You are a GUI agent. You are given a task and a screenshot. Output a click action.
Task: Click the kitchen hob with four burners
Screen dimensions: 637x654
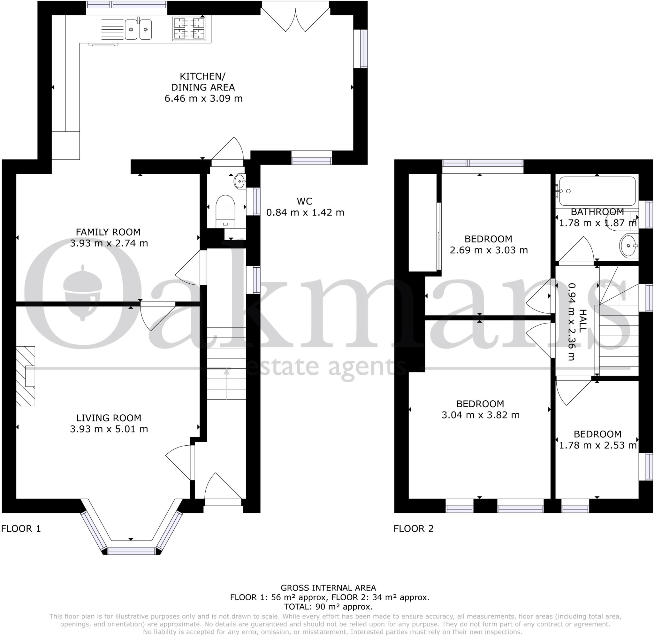click(x=189, y=28)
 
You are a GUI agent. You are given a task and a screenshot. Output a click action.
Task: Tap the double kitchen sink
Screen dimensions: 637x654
click(x=138, y=29)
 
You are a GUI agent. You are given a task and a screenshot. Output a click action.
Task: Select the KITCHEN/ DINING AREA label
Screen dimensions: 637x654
click(x=203, y=82)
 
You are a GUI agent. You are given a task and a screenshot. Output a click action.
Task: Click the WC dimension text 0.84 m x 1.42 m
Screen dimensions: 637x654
click(x=305, y=212)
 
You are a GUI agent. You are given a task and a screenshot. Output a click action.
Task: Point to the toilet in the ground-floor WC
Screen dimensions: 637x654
click(x=225, y=211)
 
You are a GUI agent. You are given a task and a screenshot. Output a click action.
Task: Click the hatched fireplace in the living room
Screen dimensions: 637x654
click(x=26, y=376)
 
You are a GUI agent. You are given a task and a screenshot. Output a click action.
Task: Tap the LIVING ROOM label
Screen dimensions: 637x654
click(x=109, y=418)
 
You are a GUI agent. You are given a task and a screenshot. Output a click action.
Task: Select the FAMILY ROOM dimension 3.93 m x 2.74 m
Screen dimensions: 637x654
click(x=109, y=243)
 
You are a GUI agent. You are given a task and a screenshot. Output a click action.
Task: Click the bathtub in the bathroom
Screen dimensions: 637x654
click(x=597, y=191)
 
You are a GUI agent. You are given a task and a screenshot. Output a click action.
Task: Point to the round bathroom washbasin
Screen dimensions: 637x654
click(x=629, y=246)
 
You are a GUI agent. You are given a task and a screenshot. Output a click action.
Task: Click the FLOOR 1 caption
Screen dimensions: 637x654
click(x=21, y=529)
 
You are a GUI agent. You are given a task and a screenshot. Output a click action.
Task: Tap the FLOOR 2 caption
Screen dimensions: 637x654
click(x=413, y=529)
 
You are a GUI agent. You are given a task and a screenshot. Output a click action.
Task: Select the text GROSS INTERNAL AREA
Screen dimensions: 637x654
click(x=328, y=588)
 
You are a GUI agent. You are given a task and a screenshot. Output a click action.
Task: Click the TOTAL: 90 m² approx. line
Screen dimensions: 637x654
click(x=328, y=607)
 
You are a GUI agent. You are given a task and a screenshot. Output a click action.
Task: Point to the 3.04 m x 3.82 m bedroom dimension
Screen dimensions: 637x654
click(x=481, y=415)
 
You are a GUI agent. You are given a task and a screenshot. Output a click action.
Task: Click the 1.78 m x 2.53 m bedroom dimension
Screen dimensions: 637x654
click(x=597, y=445)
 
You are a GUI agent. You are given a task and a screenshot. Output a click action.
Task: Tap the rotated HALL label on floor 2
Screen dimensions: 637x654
click(x=582, y=321)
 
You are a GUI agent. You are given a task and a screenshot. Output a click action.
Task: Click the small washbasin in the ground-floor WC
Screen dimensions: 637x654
click(x=240, y=181)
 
